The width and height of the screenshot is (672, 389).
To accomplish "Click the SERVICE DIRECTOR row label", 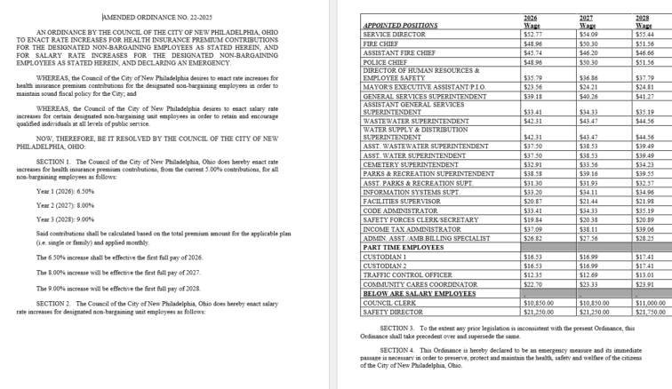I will [388, 34].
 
